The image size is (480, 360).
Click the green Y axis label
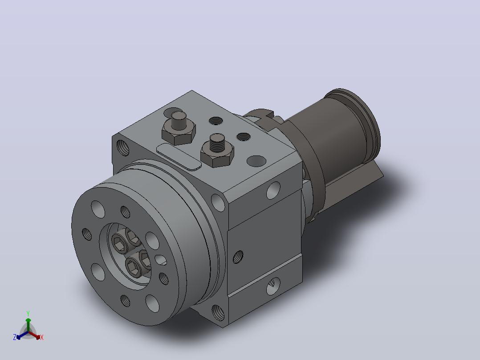(x=28, y=313)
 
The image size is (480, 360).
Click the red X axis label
(x=42, y=337)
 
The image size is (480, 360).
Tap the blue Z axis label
(x=14, y=337)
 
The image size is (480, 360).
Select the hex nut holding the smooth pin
(x=179, y=133)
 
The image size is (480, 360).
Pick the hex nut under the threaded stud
(x=217, y=155)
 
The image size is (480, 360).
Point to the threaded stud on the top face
(x=217, y=143)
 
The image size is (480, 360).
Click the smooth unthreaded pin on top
(x=179, y=120)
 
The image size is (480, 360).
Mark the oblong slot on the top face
(x=179, y=156)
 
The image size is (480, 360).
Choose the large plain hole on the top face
(x=256, y=161)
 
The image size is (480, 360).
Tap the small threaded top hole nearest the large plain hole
(x=244, y=137)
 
